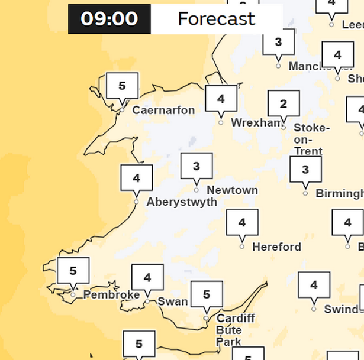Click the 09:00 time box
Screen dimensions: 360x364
point(109,19)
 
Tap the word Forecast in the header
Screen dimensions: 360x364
point(216,19)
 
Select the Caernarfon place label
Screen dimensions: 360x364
point(163,111)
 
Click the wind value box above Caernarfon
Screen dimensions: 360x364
point(122,86)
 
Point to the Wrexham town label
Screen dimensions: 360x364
point(256,123)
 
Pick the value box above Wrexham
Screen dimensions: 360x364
point(221,99)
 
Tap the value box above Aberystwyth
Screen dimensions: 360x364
point(137,178)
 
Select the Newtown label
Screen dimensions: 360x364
point(232,190)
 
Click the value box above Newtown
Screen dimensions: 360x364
point(197,167)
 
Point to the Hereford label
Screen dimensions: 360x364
point(276,247)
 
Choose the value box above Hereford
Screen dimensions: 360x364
point(242,223)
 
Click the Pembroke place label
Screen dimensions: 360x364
point(111,295)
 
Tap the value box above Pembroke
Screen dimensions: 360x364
point(73,271)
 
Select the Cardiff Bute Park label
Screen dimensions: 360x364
point(228,330)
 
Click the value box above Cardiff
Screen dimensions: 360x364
point(207,294)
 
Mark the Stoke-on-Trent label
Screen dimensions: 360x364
point(312,140)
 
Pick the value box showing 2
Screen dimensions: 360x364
point(283,104)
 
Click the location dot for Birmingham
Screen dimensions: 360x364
point(305,193)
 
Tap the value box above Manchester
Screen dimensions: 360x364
point(278,43)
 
